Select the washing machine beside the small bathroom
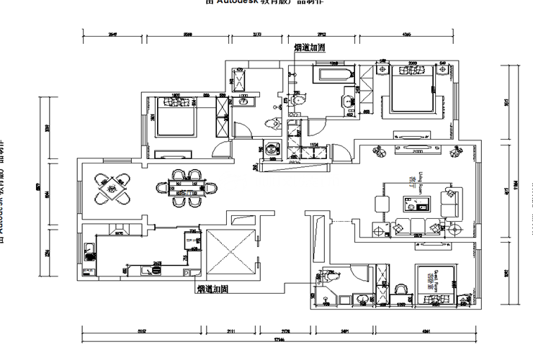pyautogui.click(x=271, y=149)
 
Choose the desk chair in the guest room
pyautogui.click(x=400, y=288)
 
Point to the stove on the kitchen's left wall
pyautogui.click(x=88, y=253)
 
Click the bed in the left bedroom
pyautogui.click(x=175, y=117)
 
